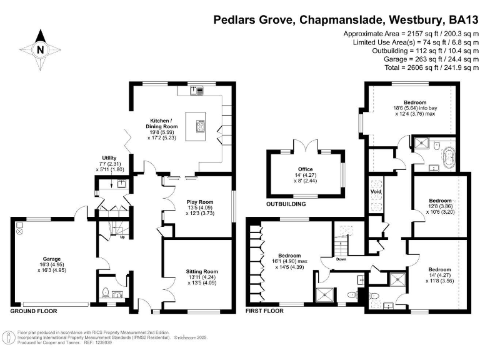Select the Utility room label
(x=110, y=157)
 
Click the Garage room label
(x=51, y=257)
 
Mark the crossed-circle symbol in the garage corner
(x=19, y=231)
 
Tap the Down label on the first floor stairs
(x=341, y=258)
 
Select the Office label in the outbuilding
(x=305, y=177)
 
